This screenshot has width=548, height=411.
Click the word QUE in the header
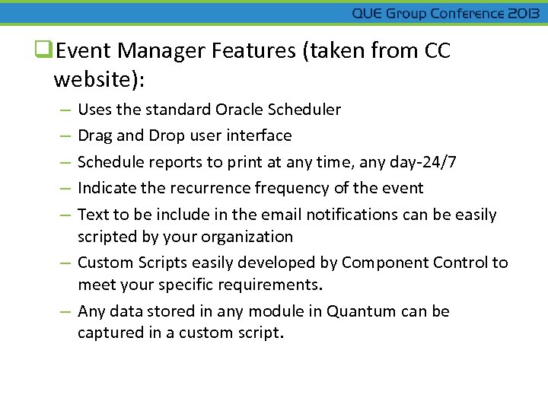point(368,14)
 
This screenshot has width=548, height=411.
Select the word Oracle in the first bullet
point(238,110)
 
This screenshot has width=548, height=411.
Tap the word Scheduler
point(304,110)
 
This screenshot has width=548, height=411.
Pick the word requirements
point(270,285)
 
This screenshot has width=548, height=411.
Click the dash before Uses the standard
point(65,110)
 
